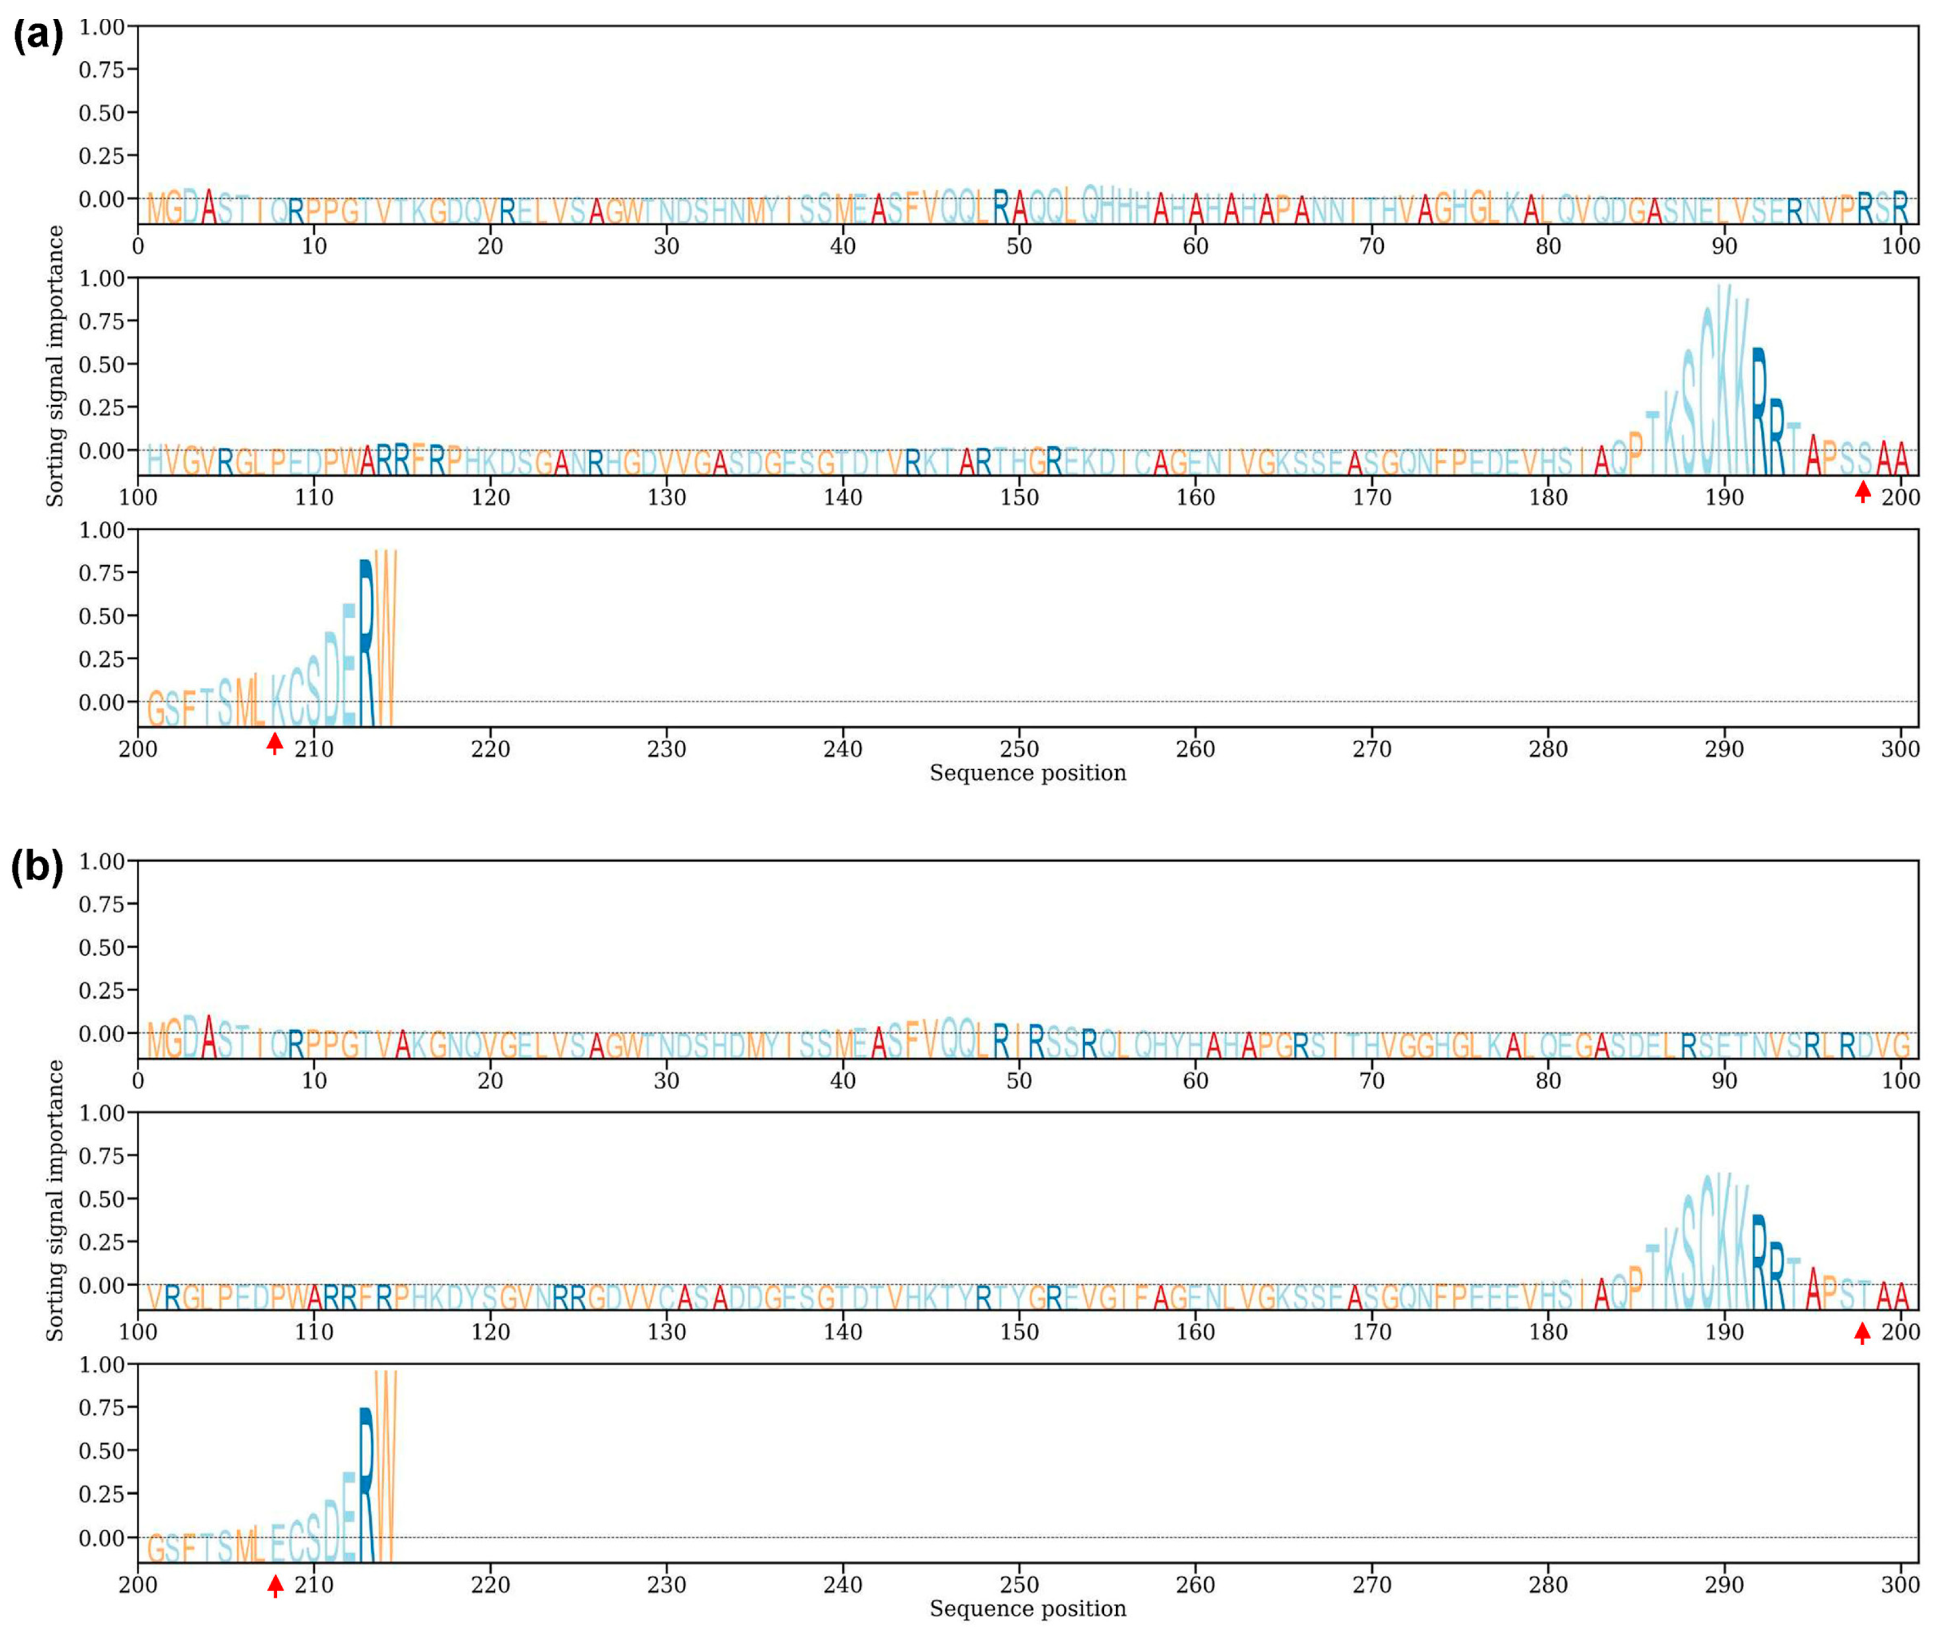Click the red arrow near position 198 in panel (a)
point(1863,491)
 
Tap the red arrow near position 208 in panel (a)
point(274,742)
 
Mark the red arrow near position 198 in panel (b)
point(1863,1332)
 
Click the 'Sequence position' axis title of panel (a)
point(1028,773)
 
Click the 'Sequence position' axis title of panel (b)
point(1028,1609)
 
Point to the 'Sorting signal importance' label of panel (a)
point(55,366)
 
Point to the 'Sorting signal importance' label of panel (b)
point(55,1200)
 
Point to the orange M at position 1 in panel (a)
point(156,210)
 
